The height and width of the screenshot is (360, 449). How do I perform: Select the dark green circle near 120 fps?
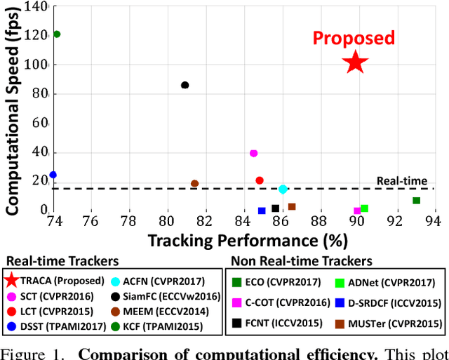pos(57,34)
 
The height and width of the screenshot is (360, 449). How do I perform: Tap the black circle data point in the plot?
pos(185,85)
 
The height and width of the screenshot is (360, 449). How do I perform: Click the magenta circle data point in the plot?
pos(253,153)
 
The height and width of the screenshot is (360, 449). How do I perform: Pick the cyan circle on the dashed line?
pos(283,189)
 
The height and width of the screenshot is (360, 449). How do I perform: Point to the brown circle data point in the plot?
pos(195,184)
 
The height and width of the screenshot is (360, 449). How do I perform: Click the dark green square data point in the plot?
pos(416,201)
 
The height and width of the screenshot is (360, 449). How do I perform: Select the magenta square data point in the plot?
pos(357,211)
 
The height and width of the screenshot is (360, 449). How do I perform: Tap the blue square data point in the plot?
pos(262,211)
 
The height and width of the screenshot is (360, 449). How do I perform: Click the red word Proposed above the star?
pos(354,38)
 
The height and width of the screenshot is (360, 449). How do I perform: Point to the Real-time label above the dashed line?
pos(402,180)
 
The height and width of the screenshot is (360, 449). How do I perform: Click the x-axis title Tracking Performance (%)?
pos(248,241)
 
